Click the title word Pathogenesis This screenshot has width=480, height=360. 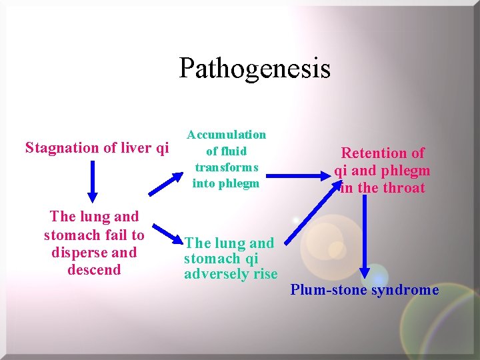[254, 69]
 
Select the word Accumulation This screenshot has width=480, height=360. [226, 135]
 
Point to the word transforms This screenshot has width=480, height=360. [226, 167]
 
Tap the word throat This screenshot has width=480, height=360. [403, 188]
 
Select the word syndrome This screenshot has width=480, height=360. [405, 290]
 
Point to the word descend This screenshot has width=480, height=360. [94, 270]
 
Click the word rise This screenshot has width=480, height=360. [265, 273]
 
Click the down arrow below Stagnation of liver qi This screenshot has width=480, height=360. [93, 181]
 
